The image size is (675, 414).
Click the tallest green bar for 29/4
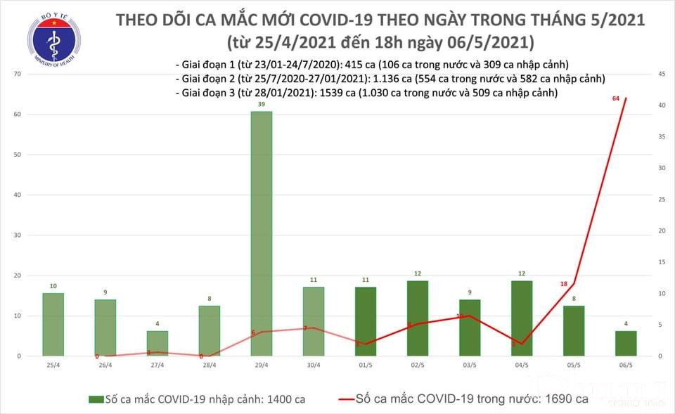click(261, 233)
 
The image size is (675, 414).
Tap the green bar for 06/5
click(625, 343)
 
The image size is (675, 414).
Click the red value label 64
click(616, 98)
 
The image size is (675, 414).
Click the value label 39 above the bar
click(261, 104)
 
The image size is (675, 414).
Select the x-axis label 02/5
click(417, 365)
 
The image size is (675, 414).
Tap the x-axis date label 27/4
click(157, 365)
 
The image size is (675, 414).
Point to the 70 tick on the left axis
click(15, 74)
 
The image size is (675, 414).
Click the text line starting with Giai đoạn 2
click(390, 79)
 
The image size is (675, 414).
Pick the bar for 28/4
click(209, 330)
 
